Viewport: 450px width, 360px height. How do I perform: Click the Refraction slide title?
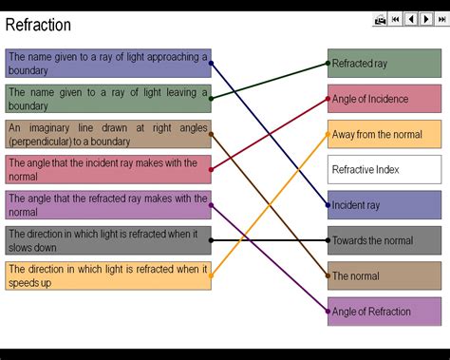tap(38, 25)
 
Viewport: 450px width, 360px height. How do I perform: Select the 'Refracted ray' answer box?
tap(384, 64)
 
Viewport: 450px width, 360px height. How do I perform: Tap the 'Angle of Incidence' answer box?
tap(384, 99)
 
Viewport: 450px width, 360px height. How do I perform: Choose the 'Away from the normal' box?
tap(384, 134)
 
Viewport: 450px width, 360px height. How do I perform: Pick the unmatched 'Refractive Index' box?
tap(384, 169)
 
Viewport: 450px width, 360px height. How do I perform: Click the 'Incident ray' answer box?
tap(384, 204)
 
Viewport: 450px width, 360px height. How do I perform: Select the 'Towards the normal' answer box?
tap(384, 240)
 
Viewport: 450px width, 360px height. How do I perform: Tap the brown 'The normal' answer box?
tap(384, 275)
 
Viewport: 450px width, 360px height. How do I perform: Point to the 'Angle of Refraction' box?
tap(384, 311)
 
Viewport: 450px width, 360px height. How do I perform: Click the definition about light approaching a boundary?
tap(107, 63)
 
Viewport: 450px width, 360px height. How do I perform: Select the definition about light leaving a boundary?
tap(107, 99)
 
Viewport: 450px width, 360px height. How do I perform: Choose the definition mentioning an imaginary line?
tap(107, 134)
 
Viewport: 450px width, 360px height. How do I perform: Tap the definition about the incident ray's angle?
tap(107, 169)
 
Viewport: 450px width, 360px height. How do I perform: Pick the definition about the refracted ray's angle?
tap(107, 204)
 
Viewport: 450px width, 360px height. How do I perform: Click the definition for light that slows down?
tap(107, 240)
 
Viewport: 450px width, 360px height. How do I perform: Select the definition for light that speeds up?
tap(107, 275)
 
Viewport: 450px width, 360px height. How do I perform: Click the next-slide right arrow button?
tap(425, 19)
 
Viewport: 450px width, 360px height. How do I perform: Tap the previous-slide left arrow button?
tap(411, 19)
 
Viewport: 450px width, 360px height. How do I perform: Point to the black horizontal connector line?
tap(270, 240)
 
